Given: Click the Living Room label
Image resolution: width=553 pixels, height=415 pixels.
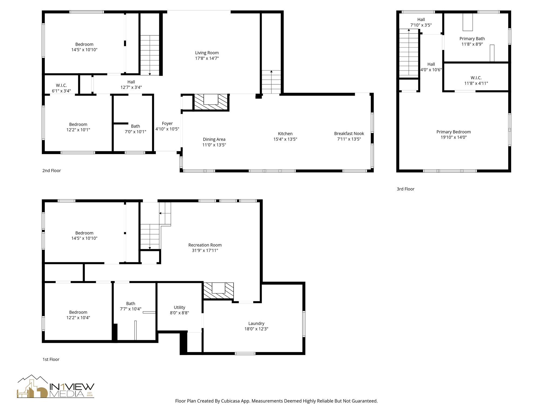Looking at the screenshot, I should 207,53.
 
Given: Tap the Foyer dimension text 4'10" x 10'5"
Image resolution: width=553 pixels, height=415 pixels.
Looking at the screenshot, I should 167,129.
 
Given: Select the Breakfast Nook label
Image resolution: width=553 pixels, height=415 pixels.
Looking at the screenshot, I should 349,133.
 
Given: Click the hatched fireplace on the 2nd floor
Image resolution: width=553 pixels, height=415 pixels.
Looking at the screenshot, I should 211,102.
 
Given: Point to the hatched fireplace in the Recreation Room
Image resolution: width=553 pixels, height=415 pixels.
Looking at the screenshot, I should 218,291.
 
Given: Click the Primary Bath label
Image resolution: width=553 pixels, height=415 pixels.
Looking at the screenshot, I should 472,39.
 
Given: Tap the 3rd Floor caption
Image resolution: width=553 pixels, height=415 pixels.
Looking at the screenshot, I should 405,189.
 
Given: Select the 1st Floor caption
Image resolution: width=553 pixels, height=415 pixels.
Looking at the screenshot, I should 51,359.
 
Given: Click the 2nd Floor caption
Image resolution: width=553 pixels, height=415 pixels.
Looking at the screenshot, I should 52,170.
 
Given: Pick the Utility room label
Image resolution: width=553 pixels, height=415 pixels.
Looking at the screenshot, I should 179,307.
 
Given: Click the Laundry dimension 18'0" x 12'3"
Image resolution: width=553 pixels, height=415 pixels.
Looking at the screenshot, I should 256,329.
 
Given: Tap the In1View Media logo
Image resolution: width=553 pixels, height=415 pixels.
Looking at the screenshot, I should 56,387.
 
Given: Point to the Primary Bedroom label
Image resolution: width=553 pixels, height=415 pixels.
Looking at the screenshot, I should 453,132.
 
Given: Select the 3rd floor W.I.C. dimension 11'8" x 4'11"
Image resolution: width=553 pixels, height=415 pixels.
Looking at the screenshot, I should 476,83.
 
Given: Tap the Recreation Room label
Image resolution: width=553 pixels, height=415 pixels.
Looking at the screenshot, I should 205,245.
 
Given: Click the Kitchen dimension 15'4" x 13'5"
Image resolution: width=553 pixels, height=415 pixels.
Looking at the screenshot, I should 285,139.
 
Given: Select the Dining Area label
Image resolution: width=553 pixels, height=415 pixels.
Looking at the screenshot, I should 214,139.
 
